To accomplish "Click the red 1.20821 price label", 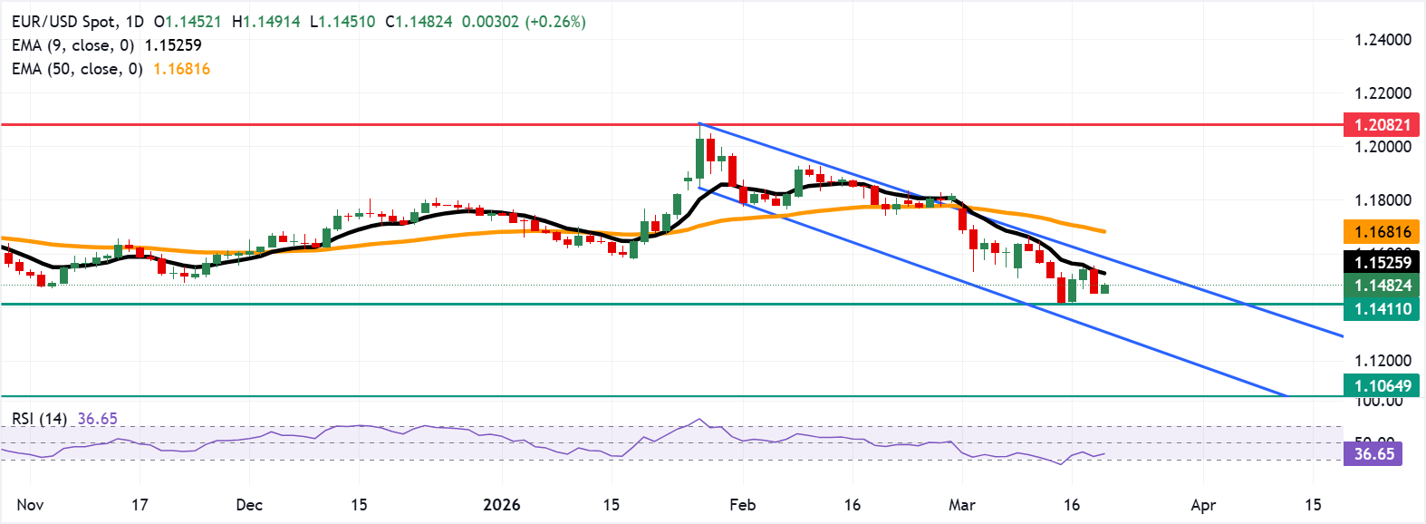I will pos(1382,125).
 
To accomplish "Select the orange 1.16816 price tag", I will pos(1382,232).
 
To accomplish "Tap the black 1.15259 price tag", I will pos(1382,263).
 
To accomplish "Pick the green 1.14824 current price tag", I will pos(1382,286).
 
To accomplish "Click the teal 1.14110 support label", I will pos(1382,309).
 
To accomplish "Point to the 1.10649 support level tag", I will pos(1382,386).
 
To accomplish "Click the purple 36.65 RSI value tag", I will pos(1373,454).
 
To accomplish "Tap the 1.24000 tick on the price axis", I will pos(1383,40).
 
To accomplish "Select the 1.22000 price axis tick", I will pos(1383,93).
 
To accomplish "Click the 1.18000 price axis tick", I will pos(1383,200).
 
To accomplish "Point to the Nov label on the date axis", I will pos(30,505).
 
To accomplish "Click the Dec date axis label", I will pos(248,505).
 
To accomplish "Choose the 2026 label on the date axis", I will pos(501,505).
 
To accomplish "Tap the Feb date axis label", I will pos(742,505).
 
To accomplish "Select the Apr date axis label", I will pos(1202,505).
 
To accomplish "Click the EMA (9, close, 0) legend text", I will pos(73,45).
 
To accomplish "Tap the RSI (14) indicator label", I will pos(39,419).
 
